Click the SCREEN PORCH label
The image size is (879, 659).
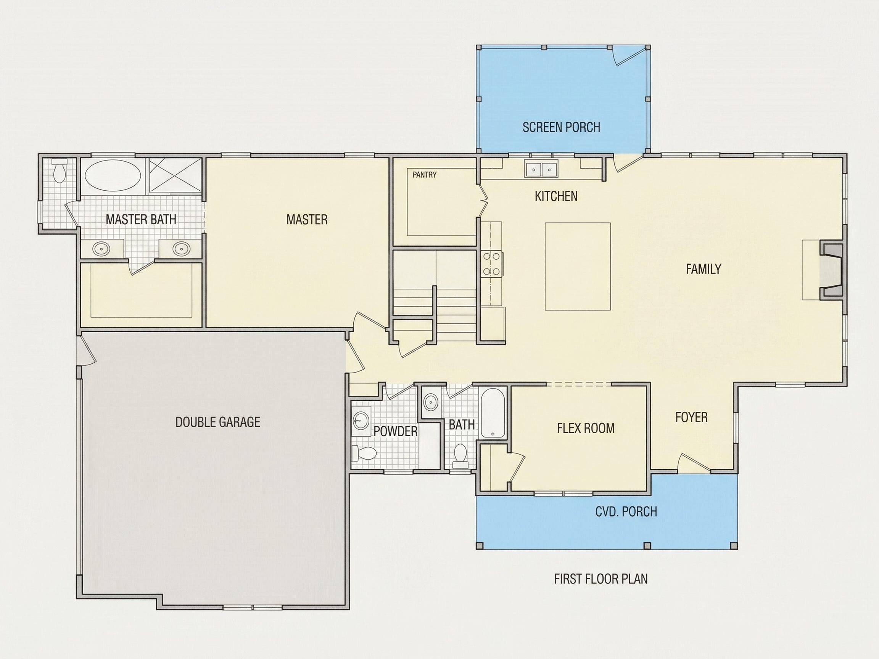[x=561, y=127]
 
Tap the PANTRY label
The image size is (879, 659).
[x=424, y=175]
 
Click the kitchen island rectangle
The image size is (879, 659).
[x=577, y=266]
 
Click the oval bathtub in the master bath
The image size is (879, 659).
[x=113, y=176]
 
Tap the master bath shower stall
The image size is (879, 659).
[x=175, y=175]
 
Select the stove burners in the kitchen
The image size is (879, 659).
[x=491, y=264]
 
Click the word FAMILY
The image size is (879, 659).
[x=704, y=269]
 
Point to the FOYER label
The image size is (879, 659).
[x=691, y=417]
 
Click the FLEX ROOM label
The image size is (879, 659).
[x=586, y=428]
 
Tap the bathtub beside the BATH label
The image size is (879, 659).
[x=493, y=413]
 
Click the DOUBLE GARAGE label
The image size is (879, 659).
[x=218, y=422]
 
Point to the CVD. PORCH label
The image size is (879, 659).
[x=626, y=512]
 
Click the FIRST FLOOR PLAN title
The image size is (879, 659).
[x=601, y=579]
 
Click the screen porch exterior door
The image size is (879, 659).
[x=628, y=55]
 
